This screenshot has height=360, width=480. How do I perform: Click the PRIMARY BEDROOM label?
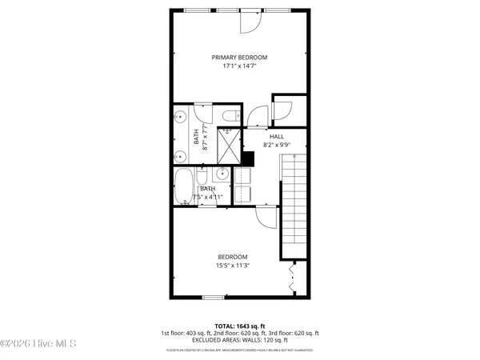click(239, 58)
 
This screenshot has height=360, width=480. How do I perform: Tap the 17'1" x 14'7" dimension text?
click(239, 66)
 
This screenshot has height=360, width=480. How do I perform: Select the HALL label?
click(277, 137)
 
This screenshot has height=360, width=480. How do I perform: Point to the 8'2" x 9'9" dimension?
click(277, 146)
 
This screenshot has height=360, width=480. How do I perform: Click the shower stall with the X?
click(229, 146)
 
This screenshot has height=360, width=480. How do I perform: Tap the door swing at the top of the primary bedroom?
click(249, 22)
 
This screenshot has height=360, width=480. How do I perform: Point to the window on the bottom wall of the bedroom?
click(213, 298)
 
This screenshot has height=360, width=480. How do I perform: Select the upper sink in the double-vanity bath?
click(181, 116)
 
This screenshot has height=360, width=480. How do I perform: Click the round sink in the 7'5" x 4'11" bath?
click(221, 174)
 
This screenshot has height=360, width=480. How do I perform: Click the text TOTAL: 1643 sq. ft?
click(240, 326)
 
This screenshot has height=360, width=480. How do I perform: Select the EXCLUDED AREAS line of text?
click(240, 340)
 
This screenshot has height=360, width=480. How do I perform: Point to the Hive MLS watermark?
click(38, 344)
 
